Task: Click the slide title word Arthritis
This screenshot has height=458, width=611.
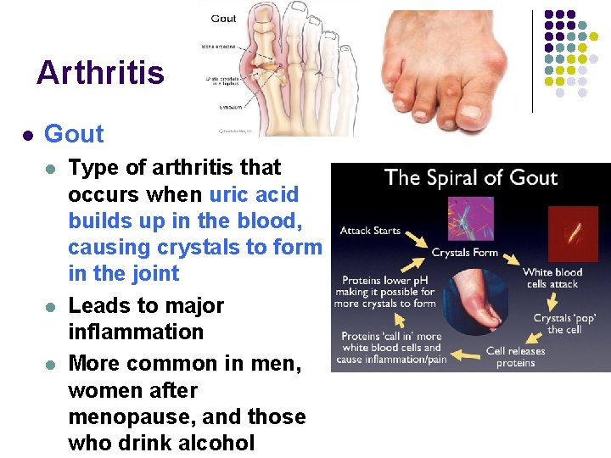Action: (100, 73)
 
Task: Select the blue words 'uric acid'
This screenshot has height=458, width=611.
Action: (254, 194)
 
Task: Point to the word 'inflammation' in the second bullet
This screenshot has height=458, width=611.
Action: (136, 332)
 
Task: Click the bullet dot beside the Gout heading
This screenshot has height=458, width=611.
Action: (27, 135)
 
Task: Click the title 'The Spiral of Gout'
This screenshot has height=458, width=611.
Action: (470, 178)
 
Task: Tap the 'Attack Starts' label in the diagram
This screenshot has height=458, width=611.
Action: (370, 231)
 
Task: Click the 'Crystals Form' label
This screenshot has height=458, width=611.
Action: (464, 253)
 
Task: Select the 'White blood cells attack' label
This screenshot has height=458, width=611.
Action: (552, 277)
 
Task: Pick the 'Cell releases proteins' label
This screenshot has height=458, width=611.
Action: (515, 357)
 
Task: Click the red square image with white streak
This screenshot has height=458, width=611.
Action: (573, 232)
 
